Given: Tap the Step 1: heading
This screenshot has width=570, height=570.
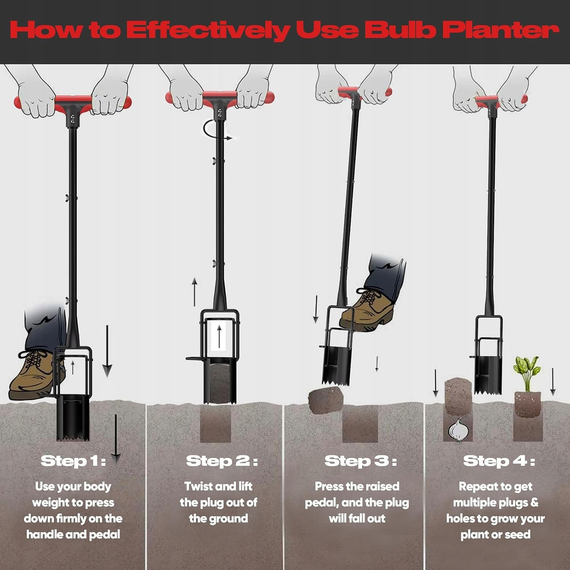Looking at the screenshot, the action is [x=73, y=461].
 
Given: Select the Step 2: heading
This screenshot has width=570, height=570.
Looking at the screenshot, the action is [x=222, y=461].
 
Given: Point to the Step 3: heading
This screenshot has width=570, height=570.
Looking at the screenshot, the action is [x=361, y=461].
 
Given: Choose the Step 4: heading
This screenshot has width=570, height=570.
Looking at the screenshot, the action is [x=499, y=461].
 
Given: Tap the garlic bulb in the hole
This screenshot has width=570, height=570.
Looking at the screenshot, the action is [x=459, y=429].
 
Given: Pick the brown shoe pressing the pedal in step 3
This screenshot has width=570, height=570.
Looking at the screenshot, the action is [x=368, y=308].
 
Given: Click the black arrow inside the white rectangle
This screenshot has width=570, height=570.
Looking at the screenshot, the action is [x=219, y=336].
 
